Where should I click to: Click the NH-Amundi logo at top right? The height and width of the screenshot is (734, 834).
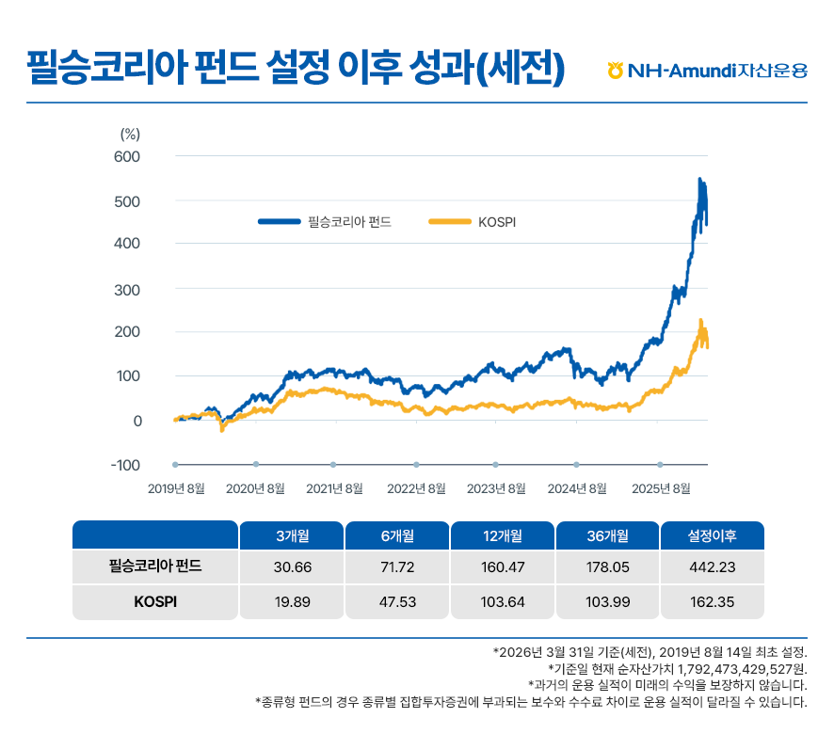point(707,71)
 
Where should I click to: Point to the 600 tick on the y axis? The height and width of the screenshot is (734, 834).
point(127,156)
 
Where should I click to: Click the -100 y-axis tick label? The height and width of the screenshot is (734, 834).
point(125,466)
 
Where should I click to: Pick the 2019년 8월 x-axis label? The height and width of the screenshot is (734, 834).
point(176,487)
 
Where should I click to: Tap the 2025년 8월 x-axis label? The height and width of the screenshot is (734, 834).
point(662,487)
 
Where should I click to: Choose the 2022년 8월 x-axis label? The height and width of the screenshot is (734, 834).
point(416,487)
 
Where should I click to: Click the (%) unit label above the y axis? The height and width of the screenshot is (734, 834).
point(130,134)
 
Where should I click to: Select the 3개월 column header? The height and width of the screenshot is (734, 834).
point(293,535)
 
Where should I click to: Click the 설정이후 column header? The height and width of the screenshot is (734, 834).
point(713,535)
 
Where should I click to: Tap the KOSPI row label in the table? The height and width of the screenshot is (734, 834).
point(155,602)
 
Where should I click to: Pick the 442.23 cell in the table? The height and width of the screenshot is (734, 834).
point(713,567)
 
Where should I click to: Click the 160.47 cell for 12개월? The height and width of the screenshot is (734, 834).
point(503,567)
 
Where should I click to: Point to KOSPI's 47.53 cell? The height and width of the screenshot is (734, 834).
point(398,602)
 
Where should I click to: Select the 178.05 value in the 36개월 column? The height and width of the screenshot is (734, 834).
point(608,567)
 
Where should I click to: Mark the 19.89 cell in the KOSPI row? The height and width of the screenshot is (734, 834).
point(293,602)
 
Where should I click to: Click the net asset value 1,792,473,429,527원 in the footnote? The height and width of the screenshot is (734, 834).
point(738,668)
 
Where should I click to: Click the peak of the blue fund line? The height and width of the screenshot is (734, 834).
point(699,179)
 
